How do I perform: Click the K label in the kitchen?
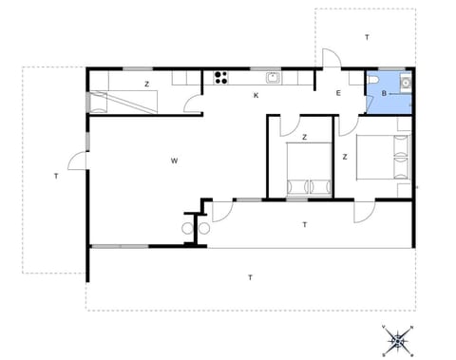pyautogui.click(x=256, y=95)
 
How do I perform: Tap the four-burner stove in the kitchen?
pyautogui.click(x=221, y=77)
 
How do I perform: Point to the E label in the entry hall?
pyautogui.click(x=338, y=93)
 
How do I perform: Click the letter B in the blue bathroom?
pyautogui.click(x=384, y=93)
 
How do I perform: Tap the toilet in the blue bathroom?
pyautogui.click(x=375, y=81)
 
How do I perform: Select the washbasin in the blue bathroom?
pyautogui.click(x=406, y=83)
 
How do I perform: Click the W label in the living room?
pyautogui.click(x=175, y=161)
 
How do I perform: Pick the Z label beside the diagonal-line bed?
pyautogui.click(x=146, y=85)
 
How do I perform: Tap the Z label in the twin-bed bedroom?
pyautogui.click(x=304, y=138)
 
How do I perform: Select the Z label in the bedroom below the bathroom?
pyautogui.click(x=345, y=157)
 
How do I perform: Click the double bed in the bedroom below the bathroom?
pyautogui.click(x=385, y=158)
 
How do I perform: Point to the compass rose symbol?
pyautogui.click(x=400, y=337)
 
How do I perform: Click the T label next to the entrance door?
pyautogui.click(x=366, y=37)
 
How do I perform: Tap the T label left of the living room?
pyautogui.click(x=56, y=176)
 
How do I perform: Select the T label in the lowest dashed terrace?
pyautogui.click(x=250, y=277)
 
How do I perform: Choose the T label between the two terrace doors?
pyautogui.click(x=304, y=224)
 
